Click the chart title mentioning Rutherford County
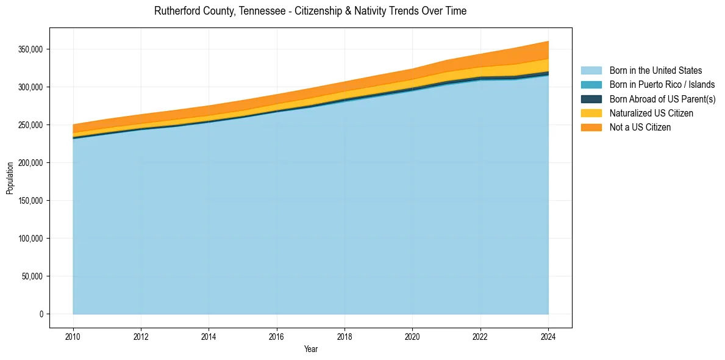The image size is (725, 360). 310,11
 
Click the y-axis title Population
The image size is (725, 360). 10,178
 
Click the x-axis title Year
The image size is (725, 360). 310,350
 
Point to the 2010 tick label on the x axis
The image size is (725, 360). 73,336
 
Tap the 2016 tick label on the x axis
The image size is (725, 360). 277,336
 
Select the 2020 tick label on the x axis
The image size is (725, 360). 413,336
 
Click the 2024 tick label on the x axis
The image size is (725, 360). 549,336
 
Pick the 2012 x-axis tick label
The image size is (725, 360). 141,336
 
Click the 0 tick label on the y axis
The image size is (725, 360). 42,314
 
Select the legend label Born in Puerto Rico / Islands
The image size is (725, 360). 662,85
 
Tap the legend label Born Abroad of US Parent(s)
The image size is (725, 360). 662,99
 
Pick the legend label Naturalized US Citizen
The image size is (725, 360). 651,113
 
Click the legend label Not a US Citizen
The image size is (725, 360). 640,128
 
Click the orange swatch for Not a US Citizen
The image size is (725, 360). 591,128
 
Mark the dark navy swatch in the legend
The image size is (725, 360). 591,99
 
